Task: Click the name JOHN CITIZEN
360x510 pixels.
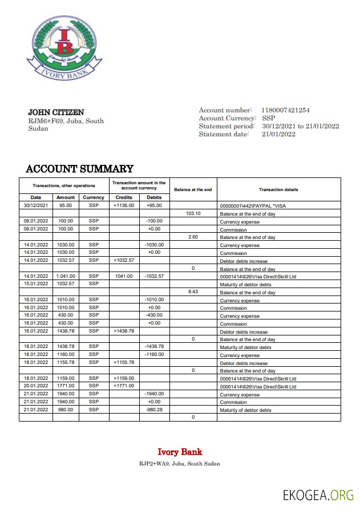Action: coord(56,112)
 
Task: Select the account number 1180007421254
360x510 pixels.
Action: coord(285,110)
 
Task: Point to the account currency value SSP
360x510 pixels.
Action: coord(268,118)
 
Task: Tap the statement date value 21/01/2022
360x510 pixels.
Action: coord(278,134)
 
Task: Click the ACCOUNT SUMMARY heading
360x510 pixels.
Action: coord(79,169)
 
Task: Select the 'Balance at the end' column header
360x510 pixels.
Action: coord(193,189)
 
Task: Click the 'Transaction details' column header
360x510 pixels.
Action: coord(278,189)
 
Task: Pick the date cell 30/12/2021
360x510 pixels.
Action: coord(36,205)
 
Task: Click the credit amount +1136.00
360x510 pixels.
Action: coord(124,205)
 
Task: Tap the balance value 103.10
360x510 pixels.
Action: coord(193,213)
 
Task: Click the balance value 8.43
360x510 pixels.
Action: coord(193,292)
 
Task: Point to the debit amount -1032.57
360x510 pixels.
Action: coord(154,276)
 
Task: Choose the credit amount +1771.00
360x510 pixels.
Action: coord(124,386)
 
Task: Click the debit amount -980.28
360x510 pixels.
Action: coord(154,410)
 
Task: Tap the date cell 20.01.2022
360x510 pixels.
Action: coord(36,386)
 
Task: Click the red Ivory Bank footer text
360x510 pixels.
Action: coord(180,452)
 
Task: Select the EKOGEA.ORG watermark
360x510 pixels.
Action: coord(318,495)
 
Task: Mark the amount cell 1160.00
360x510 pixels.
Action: coord(66,355)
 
